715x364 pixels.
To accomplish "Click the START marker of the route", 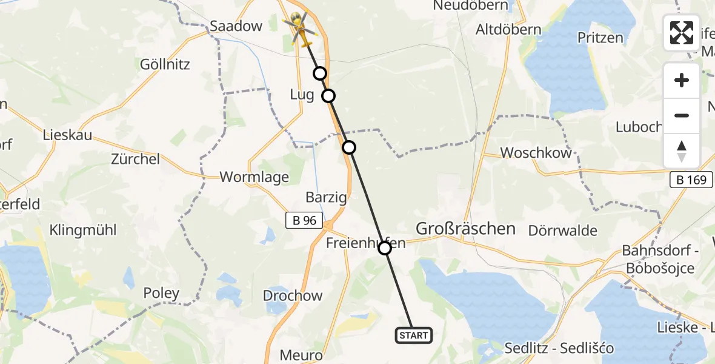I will coord(414,335).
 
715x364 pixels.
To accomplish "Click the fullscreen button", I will coord(682,32).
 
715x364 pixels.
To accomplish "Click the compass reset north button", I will coord(682,151).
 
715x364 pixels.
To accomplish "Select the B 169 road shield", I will coord(691,180).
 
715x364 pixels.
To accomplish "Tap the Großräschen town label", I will coord(465,229).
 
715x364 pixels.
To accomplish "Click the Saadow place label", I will coord(236,25).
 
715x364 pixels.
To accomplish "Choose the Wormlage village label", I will coord(254,177).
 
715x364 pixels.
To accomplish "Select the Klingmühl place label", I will coord(83,230).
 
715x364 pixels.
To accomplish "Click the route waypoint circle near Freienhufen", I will coord(385,248).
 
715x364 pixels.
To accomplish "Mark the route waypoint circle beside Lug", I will coord(328,96).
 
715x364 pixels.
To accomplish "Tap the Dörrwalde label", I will coord(562,231).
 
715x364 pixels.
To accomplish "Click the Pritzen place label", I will coord(600,38).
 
